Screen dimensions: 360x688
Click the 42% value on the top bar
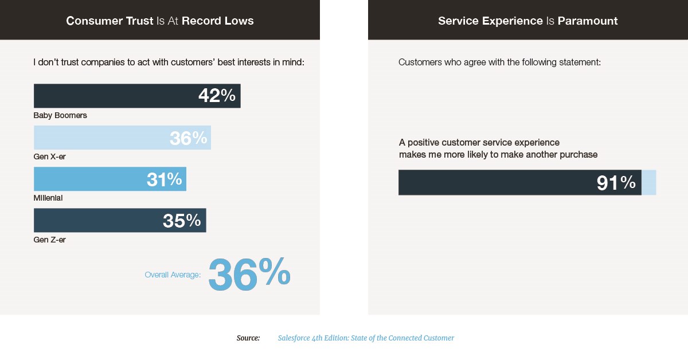click(x=217, y=96)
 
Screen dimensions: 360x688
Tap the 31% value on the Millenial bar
click(x=164, y=179)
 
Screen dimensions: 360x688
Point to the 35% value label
click(x=181, y=221)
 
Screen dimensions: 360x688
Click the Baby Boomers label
click(x=60, y=115)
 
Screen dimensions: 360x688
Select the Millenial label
click(x=48, y=198)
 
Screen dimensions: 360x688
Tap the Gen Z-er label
click(x=50, y=240)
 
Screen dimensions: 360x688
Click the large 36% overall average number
click(x=249, y=274)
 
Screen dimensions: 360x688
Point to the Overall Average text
click(x=173, y=275)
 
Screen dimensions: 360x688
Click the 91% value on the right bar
click(x=616, y=183)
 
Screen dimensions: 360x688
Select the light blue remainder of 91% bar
click(x=648, y=182)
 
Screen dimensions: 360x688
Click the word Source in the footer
click(x=248, y=338)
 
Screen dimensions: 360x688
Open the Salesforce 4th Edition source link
click(x=366, y=338)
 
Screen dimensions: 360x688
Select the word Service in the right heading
click(x=459, y=21)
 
